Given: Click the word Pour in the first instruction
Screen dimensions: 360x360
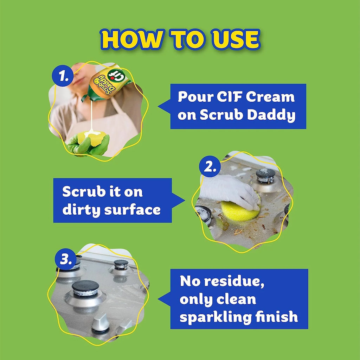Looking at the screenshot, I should pos(193,97).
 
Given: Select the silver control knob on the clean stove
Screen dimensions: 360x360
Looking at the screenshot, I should pos(101,322).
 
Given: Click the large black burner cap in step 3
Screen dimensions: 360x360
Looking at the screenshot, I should pos(85,288).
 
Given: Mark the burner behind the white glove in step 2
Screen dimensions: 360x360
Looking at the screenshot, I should pos(265,175).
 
